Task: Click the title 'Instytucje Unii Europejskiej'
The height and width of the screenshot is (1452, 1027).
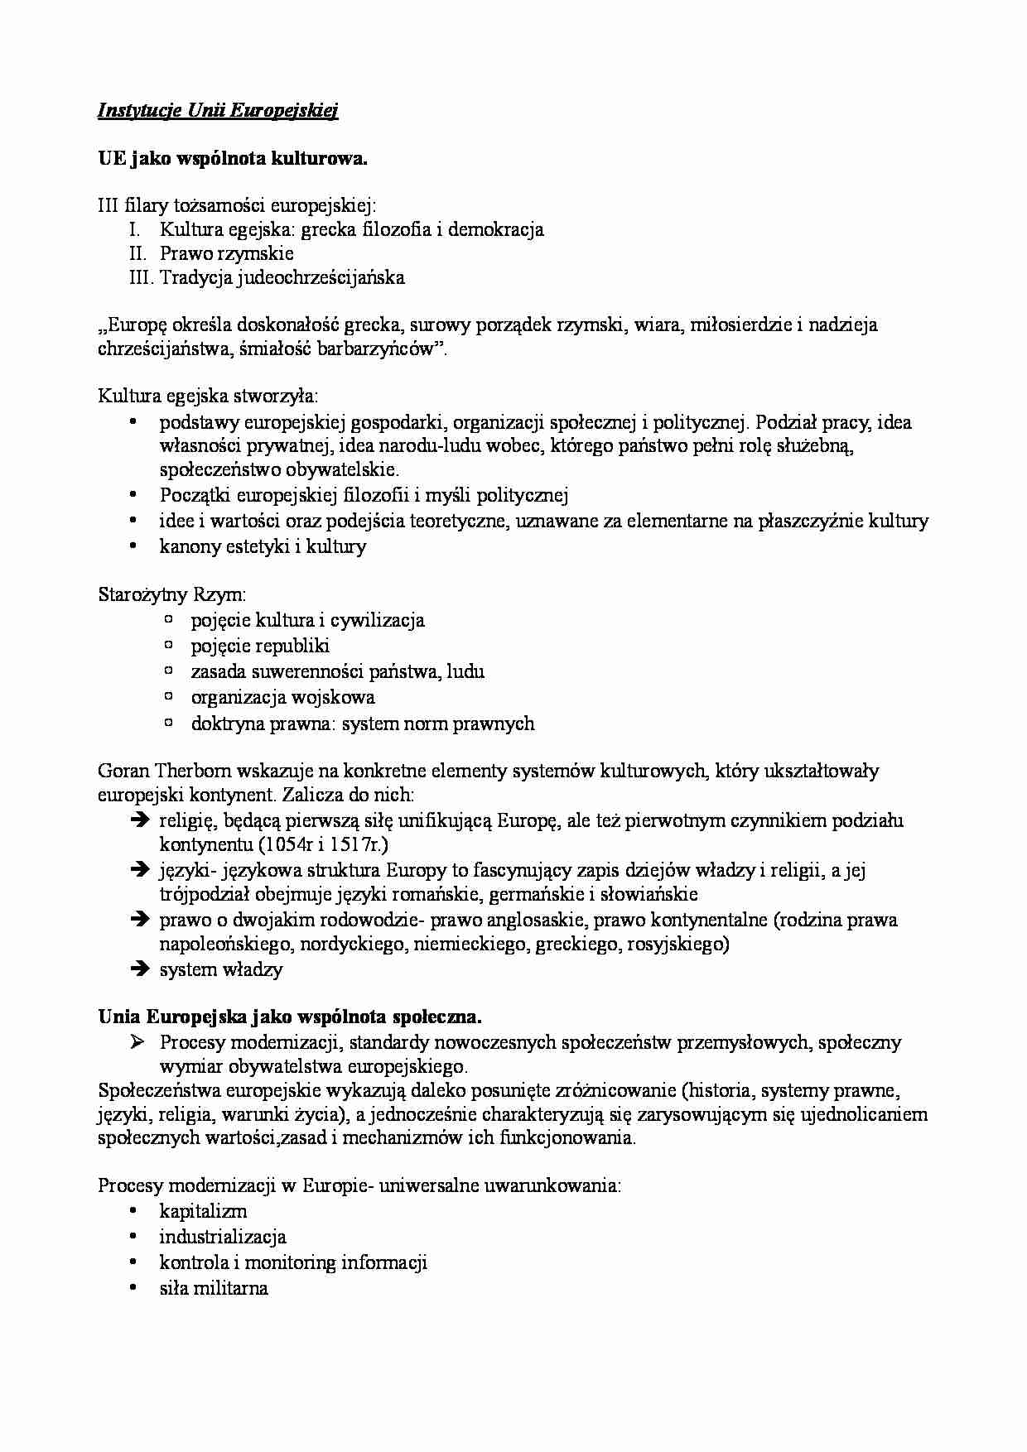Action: point(218,111)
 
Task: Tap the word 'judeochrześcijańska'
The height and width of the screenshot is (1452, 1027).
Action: point(321,277)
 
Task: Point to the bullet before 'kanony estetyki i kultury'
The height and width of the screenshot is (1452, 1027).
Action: point(133,546)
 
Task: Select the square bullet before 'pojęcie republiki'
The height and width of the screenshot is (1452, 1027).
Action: point(169,644)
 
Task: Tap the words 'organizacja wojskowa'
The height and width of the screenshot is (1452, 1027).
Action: point(282,697)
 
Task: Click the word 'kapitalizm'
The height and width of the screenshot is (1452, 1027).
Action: point(203,1211)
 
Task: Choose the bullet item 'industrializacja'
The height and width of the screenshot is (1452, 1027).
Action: point(223,1237)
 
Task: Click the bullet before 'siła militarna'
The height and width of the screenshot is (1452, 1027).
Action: point(133,1288)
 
